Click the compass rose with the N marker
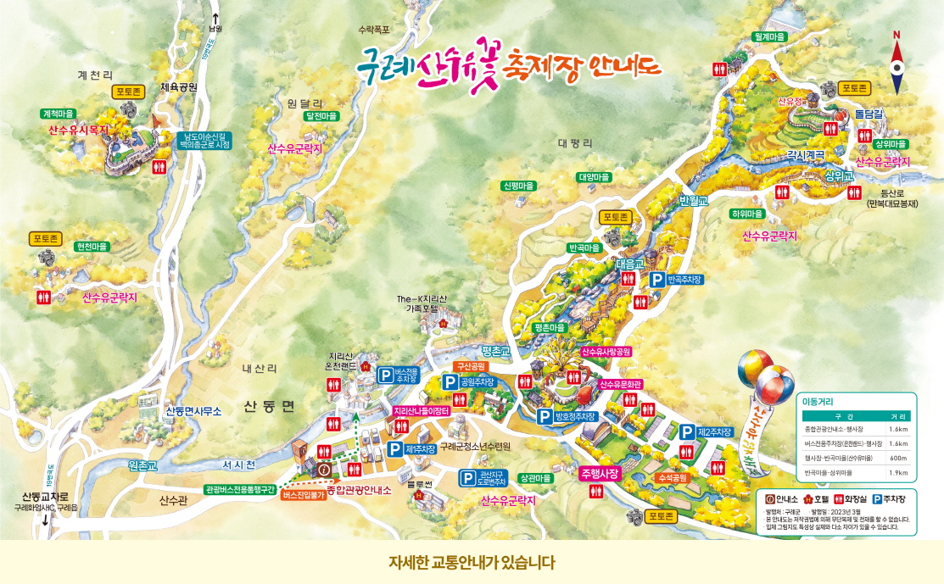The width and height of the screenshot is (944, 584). [x=897, y=64]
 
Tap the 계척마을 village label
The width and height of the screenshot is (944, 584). [x=59, y=113]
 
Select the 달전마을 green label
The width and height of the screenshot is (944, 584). [x=321, y=115]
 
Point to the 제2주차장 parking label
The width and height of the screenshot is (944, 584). [x=714, y=432]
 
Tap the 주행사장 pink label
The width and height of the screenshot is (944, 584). [x=601, y=472]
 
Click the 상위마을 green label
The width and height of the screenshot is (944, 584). [x=890, y=144]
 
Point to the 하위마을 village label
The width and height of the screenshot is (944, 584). [x=748, y=214]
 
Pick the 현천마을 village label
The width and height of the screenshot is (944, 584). [x=92, y=247]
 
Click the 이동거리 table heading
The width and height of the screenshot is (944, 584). [x=820, y=401]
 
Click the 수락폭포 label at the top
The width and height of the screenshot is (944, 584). [x=374, y=29]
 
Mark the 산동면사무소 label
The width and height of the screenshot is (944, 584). [x=193, y=411]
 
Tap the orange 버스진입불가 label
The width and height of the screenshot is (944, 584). [x=304, y=495]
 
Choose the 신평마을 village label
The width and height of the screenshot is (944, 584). [x=519, y=186]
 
